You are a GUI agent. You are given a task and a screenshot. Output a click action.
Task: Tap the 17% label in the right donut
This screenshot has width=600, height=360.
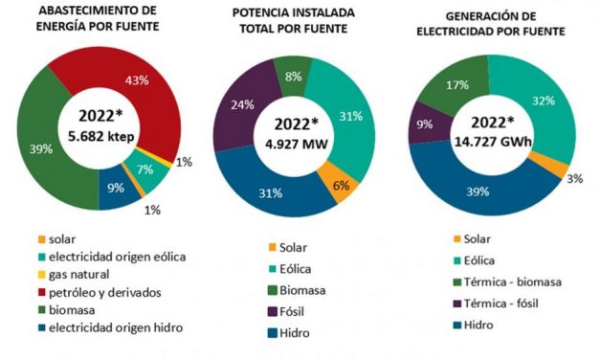coord(457,84)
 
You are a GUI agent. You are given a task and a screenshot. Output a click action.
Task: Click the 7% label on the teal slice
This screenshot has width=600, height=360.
coord(146,169)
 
